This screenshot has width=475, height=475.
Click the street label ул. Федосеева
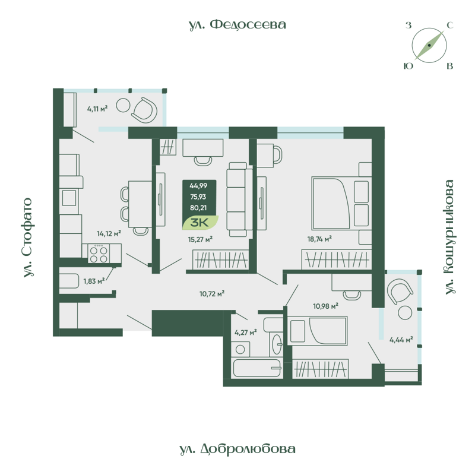coord(237,24)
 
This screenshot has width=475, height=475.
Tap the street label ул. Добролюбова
coord(237,449)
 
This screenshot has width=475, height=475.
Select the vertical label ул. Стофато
coord(27,238)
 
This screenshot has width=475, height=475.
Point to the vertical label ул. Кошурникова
coord(449,237)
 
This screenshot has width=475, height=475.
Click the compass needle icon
coord(429,46)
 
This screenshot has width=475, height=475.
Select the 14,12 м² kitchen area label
coord(109,233)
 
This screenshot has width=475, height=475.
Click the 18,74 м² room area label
coord(319,238)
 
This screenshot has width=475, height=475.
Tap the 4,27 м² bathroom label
coord(245,332)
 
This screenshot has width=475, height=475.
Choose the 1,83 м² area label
coord(94,281)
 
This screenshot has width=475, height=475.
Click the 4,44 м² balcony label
coord(401,340)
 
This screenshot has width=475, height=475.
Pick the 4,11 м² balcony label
coord(97,109)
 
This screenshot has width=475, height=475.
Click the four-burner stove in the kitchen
coord(99,254)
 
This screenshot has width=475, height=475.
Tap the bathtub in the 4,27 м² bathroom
coord(256,368)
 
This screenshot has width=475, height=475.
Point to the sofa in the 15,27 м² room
coord(236,197)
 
